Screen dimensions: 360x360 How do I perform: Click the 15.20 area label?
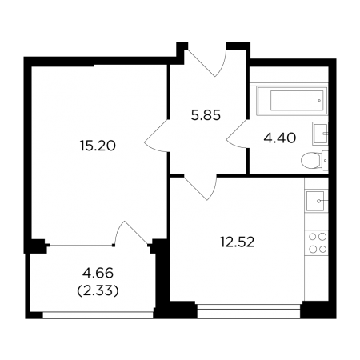pyautogui.click(x=98, y=146)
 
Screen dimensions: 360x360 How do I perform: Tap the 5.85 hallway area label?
pyautogui.click(x=206, y=116)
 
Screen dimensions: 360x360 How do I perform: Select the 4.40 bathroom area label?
pyautogui.click(x=280, y=138)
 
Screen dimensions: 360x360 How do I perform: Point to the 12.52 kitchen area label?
pyautogui.click(x=238, y=242)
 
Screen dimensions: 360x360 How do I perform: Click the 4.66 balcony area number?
pyautogui.click(x=98, y=273)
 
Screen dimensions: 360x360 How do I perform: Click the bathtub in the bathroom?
pyautogui.click(x=292, y=101)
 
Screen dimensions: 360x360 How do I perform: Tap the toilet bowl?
pyautogui.click(x=310, y=161)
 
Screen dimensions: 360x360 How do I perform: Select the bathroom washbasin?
pyautogui.click(x=320, y=134)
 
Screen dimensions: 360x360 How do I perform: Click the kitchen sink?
pyautogui.click(x=316, y=201)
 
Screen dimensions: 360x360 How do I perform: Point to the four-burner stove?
pyautogui.click(x=318, y=243)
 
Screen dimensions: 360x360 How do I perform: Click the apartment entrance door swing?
pyautogui.click(x=206, y=63)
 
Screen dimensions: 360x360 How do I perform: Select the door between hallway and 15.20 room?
pyautogui.click(x=158, y=136)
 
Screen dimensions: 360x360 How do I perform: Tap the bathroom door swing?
pyautogui.click(x=238, y=134)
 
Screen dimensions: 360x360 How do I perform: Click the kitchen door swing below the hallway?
pyautogui.click(x=201, y=188)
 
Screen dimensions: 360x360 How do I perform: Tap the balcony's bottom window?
pyautogui.click(x=98, y=315)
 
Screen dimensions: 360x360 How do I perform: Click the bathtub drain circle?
pyautogui.click(x=319, y=101)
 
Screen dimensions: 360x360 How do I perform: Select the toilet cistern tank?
pyautogui.click(x=325, y=161)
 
